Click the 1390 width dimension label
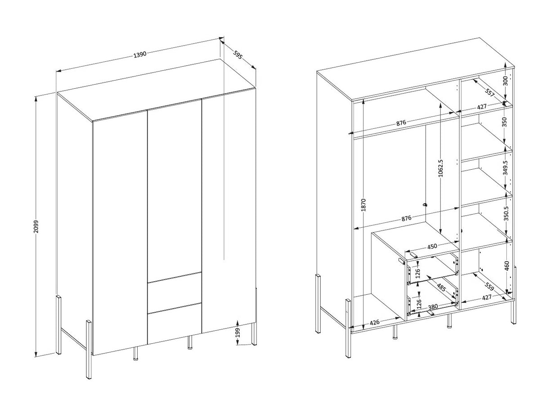[140, 55]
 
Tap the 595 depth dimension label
[237, 54]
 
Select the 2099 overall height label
[36, 226]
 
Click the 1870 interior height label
[363, 205]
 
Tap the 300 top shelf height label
[505, 81]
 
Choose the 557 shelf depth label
[489, 92]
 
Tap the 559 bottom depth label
[489, 287]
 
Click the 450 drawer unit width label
[432, 247]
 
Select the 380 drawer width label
[433, 306]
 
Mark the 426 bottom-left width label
[375, 322]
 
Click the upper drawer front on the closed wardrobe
[175, 294]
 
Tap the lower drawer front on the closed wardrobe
[175, 324]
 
